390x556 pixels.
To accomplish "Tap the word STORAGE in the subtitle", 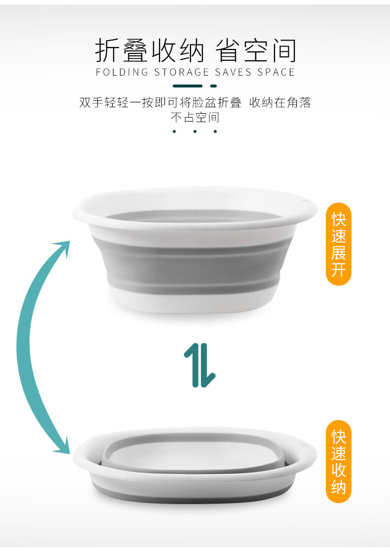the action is pyautogui.click(x=181, y=72).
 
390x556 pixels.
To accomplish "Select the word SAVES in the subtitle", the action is pyautogui.click(x=233, y=72).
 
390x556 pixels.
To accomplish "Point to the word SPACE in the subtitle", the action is pyautogui.click(x=276, y=72).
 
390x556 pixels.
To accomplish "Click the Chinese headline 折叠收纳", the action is pyautogui.click(x=150, y=51).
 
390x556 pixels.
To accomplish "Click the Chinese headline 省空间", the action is pyautogui.click(x=256, y=51).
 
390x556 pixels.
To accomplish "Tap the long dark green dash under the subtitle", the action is pyautogui.click(x=188, y=86).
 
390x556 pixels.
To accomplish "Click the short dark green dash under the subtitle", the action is pyautogui.click(x=213, y=86).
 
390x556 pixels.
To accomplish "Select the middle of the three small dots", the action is pyautogui.click(x=195, y=131).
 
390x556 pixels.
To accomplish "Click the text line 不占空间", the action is pyautogui.click(x=195, y=117).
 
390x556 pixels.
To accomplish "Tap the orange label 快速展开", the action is pyautogui.click(x=338, y=244).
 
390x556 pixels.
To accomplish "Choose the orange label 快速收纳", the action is pyautogui.click(x=338, y=462).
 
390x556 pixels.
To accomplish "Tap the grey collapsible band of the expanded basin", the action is pyautogui.click(x=194, y=262).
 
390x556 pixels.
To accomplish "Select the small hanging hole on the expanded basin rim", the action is pyautogui.click(x=304, y=202).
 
